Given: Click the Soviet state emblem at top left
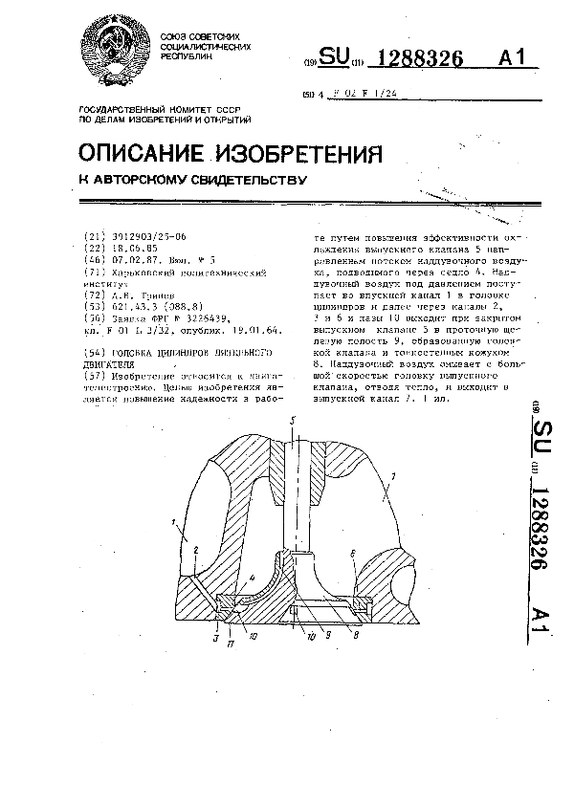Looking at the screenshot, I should [x=119, y=52].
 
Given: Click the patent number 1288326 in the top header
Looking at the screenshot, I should [x=422, y=60].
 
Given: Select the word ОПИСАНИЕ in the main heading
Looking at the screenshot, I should [x=140, y=153].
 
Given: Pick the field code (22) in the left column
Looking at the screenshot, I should [x=95, y=246].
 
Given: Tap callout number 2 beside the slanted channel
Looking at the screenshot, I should [x=195, y=551].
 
